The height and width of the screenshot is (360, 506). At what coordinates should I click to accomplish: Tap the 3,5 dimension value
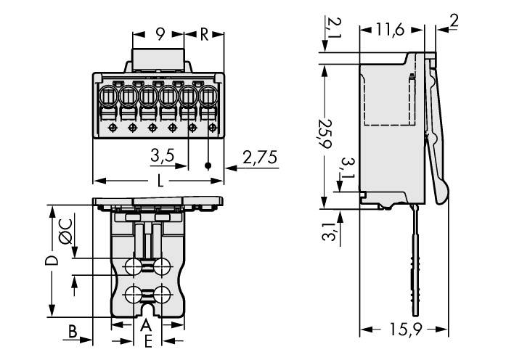coord(163,155)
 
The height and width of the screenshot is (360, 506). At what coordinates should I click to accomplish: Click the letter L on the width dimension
coord(160,181)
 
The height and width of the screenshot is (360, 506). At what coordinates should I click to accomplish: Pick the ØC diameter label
coord(65,231)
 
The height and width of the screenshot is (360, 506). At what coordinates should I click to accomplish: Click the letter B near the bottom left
coord(73,331)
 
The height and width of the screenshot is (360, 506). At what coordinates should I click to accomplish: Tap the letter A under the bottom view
coord(146,324)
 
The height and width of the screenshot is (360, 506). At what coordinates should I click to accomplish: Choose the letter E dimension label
coord(147,340)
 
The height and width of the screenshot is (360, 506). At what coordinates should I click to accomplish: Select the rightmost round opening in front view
coord(209,95)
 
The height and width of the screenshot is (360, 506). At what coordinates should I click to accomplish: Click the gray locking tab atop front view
coord(158,58)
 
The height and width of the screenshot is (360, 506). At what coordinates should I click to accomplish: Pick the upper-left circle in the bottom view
coord(134,267)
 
